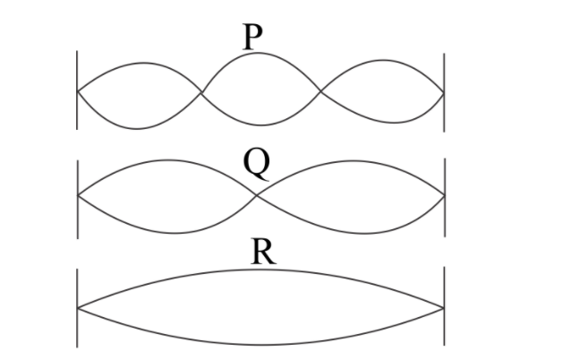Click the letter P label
click(x=252, y=37)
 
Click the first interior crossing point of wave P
click(x=200, y=91)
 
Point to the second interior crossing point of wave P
click(x=320, y=91)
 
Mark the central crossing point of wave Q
click(x=257, y=196)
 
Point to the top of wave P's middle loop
click(x=259, y=56)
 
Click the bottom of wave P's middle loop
click(x=260, y=124)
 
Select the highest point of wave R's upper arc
click(x=260, y=270)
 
